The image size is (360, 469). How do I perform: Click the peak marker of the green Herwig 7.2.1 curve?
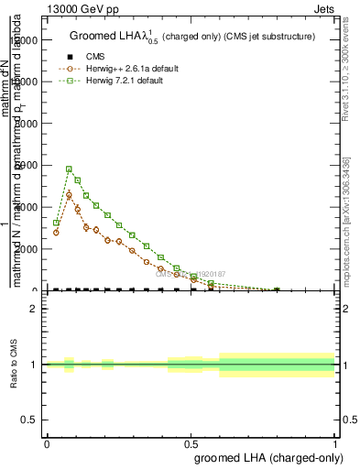point(69,169)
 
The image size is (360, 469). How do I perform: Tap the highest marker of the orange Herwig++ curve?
point(69,195)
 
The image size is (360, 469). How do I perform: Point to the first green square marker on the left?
point(56,223)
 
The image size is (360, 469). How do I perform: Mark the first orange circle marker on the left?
point(56,233)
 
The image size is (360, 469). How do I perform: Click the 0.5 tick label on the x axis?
point(191,443)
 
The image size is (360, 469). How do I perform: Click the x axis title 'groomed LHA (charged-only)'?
point(269,458)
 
